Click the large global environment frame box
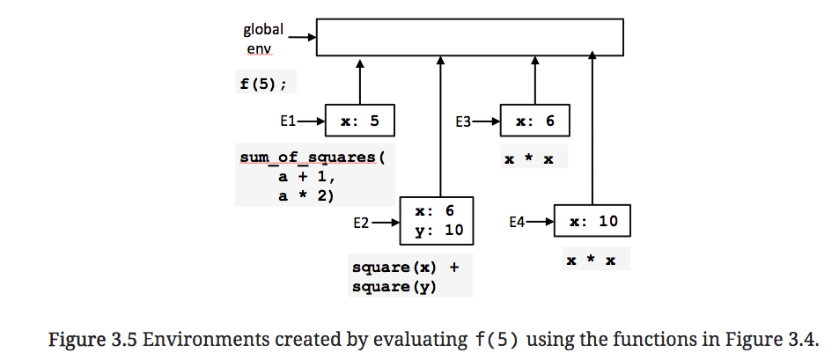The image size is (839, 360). pyautogui.click(x=469, y=38)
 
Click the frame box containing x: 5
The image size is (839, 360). pyautogui.click(x=359, y=121)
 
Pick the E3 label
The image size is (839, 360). pyautogui.click(x=466, y=121)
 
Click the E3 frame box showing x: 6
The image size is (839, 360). pyautogui.click(x=534, y=121)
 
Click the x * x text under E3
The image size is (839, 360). pyautogui.click(x=528, y=159)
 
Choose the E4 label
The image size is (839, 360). pyautogui.click(x=519, y=223)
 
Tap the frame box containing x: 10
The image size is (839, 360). pyautogui.click(x=592, y=222)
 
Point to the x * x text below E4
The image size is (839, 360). pyautogui.click(x=591, y=261)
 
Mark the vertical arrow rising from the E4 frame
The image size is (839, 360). pyautogui.click(x=592, y=128)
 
